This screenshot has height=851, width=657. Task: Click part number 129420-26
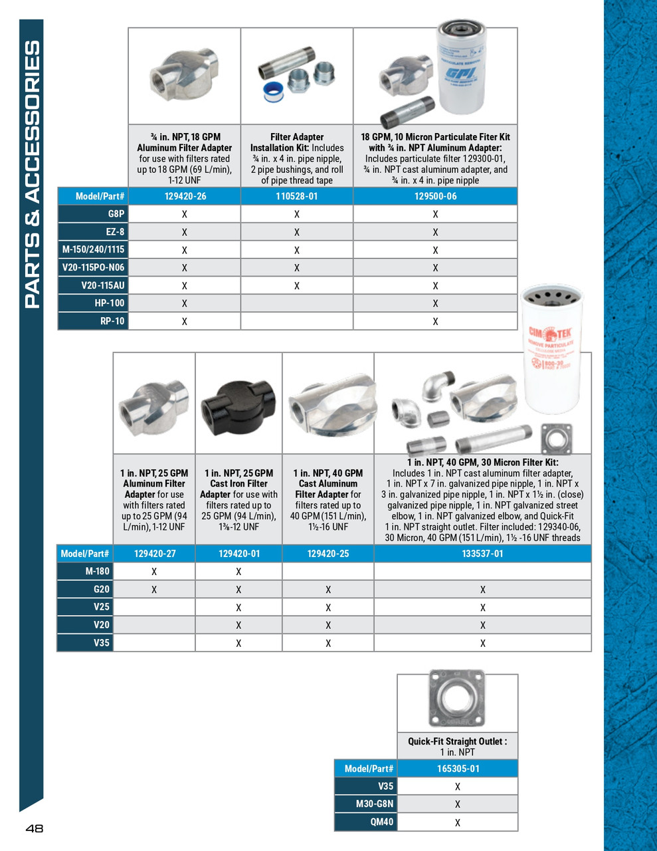pos(185,196)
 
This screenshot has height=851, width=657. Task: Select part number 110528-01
pos(296,196)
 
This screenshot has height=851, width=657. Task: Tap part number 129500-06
pos(435,196)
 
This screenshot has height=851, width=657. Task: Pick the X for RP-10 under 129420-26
pos(185,321)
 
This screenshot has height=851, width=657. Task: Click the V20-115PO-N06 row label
pos(93,267)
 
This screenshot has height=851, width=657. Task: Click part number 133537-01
pos(482,553)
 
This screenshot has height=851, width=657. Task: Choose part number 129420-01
pos(239,553)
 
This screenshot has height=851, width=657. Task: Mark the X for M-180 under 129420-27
pos(154,572)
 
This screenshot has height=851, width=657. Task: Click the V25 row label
pos(101,607)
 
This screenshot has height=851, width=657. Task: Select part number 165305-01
pos(458,769)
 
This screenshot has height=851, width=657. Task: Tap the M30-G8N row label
pos(375,804)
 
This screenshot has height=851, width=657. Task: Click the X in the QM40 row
pos(458,822)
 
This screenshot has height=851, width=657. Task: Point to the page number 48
pos(35,828)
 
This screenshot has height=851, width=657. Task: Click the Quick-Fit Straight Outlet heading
pos(457,741)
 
